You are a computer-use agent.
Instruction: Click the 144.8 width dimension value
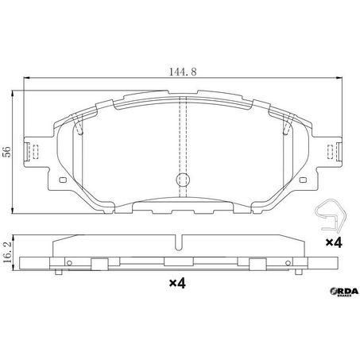(x=180, y=72)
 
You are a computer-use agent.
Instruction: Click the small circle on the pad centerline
(x=181, y=179)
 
